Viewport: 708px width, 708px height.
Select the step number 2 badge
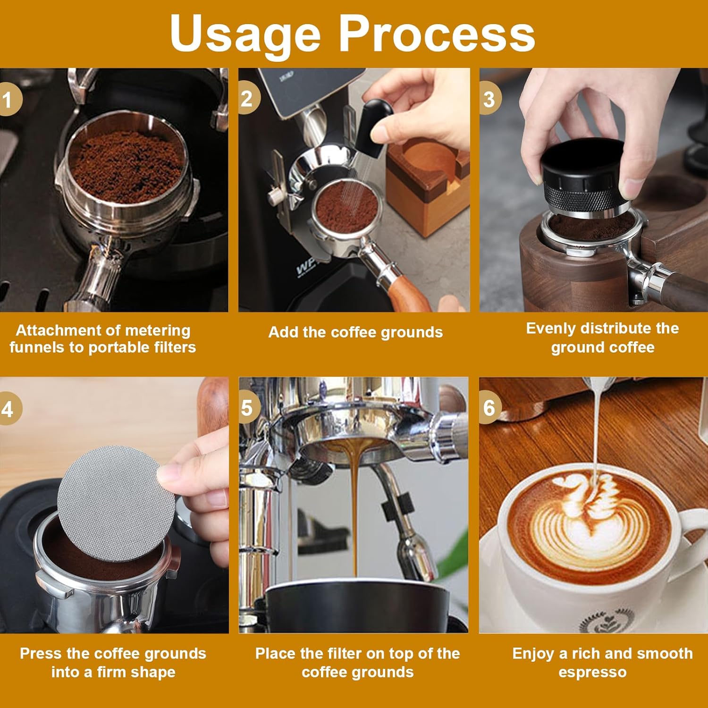coord(247,99)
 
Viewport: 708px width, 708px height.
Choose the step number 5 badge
coord(247,408)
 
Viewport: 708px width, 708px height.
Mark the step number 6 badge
coord(489,407)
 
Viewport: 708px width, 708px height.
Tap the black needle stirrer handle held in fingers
coord(373,118)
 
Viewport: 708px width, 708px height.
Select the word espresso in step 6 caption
coord(592,672)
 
